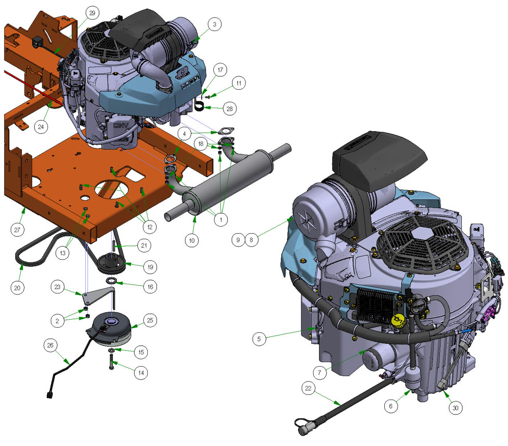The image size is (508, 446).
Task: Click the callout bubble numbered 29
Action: tap(92, 13)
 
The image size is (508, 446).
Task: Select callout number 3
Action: tap(214, 24)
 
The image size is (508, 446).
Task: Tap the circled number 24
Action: tap(41, 127)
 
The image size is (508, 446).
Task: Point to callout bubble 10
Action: tap(192, 241)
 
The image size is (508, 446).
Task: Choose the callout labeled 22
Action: tap(308, 388)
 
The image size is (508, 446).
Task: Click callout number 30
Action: tap(455, 408)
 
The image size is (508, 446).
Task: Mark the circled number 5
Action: tap(259, 339)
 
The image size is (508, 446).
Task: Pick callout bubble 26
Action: tap(50, 345)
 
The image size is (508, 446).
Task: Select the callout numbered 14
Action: tap(141, 373)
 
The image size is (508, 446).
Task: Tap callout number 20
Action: tap(17, 288)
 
